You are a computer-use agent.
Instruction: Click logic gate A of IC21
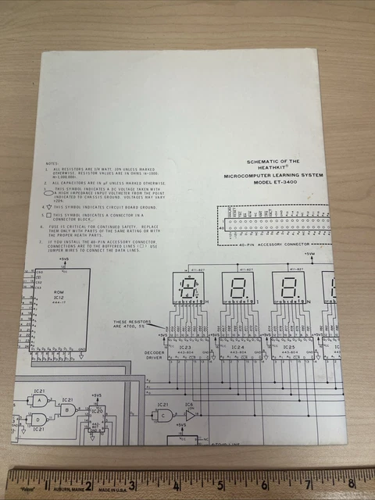pos(37,400)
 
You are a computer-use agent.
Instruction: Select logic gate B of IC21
pos(69,409)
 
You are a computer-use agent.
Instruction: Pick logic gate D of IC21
pos(37,419)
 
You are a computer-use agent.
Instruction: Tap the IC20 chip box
pos(96,419)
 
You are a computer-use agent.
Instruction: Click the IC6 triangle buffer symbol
pos(190,415)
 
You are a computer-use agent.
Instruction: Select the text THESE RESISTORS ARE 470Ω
pos(131,323)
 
